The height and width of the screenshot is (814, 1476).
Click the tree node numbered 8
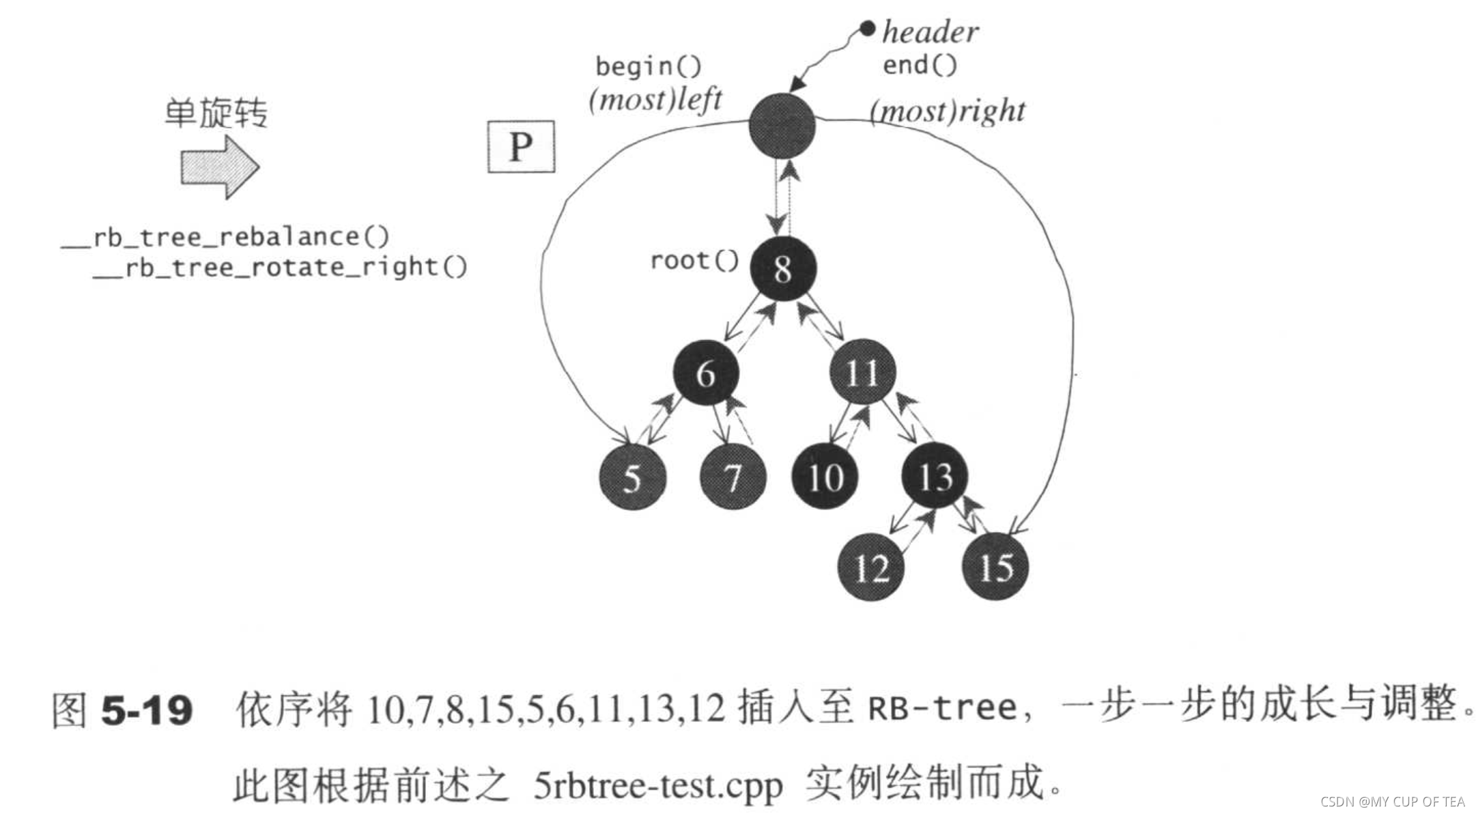[783, 268]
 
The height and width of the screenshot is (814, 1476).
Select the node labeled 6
[705, 373]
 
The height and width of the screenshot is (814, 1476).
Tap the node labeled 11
[862, 373]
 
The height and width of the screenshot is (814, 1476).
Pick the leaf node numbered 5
[631, 477]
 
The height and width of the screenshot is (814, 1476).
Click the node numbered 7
[733, 477]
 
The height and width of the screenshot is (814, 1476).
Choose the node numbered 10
[825, 477]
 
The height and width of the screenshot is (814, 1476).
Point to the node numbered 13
[935, 475]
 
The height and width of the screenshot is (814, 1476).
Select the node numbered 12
[871, 567]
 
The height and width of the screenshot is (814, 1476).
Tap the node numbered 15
[995, 567]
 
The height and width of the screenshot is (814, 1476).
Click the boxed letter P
[521, 147]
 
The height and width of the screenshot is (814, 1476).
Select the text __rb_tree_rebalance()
[225, 237]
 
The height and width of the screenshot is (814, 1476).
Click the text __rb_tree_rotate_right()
[280, 267]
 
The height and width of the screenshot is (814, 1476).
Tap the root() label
[694, 260]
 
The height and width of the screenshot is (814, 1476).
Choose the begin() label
[648, 67]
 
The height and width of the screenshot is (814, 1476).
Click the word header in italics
[930, 32]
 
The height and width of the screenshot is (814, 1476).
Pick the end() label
[920, 66]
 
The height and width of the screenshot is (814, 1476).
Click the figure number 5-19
[147, 710]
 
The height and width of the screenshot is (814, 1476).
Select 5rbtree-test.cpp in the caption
[658, 785]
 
